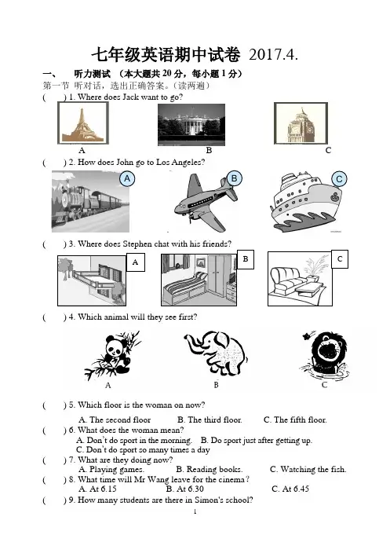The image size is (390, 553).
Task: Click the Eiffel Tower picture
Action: coord(83,123)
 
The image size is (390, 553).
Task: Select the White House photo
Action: coord(191,124)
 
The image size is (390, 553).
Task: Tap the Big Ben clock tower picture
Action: coord(301,123)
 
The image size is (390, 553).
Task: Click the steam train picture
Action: coord(90,201)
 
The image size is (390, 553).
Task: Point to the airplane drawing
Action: coord(206,203)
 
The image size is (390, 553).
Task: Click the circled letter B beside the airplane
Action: coord(234,178)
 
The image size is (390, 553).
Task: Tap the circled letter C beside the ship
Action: coord(339,179)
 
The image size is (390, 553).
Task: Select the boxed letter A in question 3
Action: coord(135,262)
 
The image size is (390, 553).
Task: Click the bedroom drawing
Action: coord(199,280)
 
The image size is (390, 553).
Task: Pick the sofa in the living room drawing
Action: coord(288,281)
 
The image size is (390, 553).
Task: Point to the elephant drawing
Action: coord(216,353)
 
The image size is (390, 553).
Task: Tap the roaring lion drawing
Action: coord(326,355)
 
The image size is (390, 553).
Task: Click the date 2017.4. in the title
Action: coord(273,54)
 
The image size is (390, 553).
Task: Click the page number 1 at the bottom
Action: coord(195,511)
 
